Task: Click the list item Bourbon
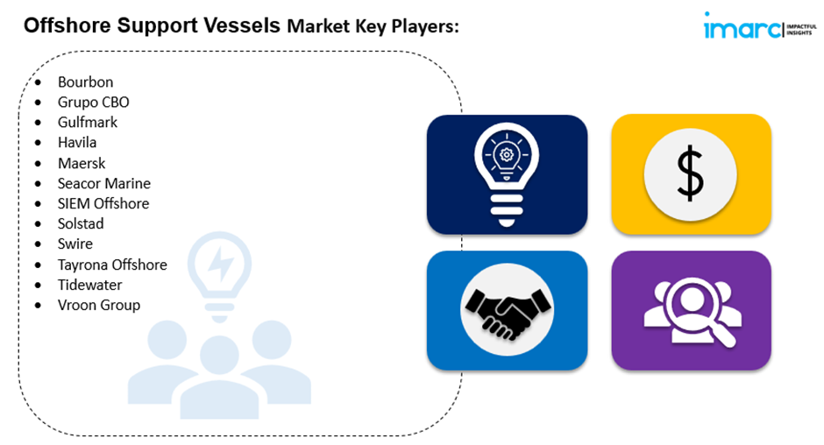point(85,82)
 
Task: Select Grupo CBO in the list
point(94,102)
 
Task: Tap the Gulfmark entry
point(88,123)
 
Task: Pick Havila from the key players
point(77,143)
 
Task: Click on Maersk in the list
point(82,164)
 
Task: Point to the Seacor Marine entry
point(104,183)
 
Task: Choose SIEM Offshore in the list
point(103,203)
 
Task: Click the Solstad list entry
point(81,223)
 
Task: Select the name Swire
point(75,244)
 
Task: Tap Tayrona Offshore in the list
point(112,265)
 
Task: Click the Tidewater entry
point(90,285)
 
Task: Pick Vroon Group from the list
point(99,305)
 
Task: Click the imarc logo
point(760,26)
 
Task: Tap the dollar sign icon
point(691,174)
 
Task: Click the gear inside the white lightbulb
point(507,155)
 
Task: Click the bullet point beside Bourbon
point(38,82)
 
